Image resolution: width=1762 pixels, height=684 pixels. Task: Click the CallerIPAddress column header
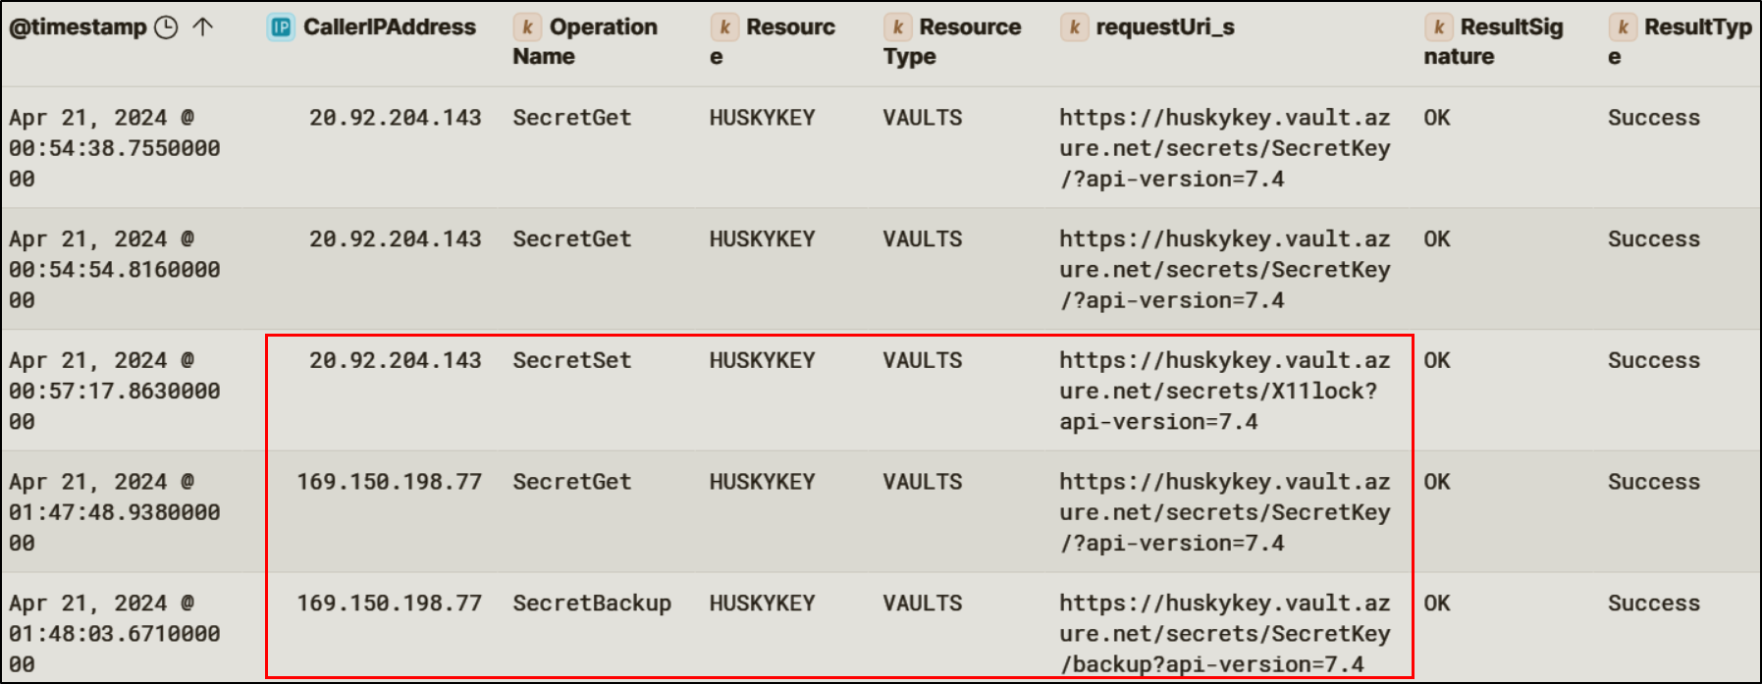point(389,27)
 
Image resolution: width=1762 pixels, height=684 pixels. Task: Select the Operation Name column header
point(585,41)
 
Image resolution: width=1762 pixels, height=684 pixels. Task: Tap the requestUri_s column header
point(1164,27)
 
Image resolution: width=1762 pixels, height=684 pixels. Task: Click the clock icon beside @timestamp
point(167,27)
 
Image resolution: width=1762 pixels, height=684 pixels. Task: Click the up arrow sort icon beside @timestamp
point(203,27)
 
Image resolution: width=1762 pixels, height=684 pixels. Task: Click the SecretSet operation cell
point(571,361)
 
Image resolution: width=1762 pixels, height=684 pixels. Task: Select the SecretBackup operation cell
point(591,604)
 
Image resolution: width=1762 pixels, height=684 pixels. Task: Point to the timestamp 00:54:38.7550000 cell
point(114,148)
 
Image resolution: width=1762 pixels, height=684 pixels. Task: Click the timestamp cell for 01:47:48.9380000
point(114,512)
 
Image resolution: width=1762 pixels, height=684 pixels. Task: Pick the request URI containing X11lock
point(1223,392)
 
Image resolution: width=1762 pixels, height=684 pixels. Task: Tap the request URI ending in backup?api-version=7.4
point(1223,634)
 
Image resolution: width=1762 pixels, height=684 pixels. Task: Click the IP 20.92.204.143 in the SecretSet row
point(395,361)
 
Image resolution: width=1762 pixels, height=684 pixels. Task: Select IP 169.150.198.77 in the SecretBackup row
point(389,604)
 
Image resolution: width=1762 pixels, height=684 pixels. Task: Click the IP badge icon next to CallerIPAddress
point(281,27)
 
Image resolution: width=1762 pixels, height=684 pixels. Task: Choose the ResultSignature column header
point(1492,41)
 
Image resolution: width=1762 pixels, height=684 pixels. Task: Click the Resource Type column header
point(951,41)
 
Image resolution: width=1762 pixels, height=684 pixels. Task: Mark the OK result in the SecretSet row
point(1436,361)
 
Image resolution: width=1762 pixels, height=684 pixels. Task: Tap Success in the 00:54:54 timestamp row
point(1653,239)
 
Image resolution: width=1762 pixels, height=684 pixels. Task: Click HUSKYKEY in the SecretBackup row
point(762,604)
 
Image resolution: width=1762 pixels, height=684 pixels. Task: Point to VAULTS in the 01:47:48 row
point(922,482)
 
